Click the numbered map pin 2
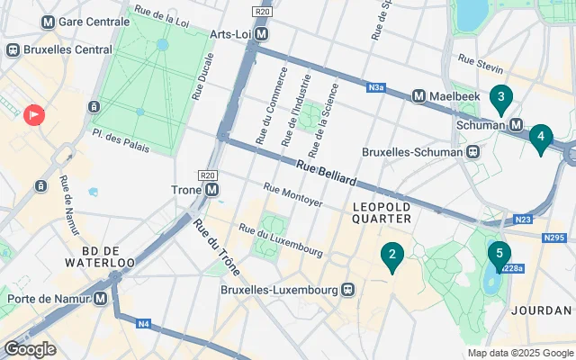(391, 256)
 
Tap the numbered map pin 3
(500, 96)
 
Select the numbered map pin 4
(540, 138)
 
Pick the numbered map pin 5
(499, 255)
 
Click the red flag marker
(34, 114)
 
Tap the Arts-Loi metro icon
(262, 34)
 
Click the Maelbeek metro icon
(418, 95)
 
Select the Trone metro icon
(211, 190)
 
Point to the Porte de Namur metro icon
(101, 298)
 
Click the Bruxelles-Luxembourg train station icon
(346, 290)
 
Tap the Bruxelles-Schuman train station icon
(472, 151)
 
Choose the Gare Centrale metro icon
(47, 21)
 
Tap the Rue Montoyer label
(292, 194)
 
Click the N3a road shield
(376, 88)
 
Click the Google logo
(30, 349)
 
